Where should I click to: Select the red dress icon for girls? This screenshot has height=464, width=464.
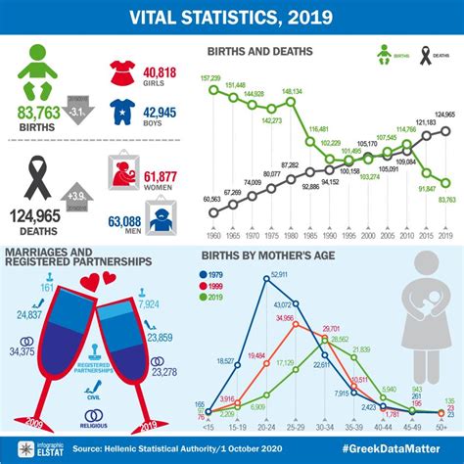122,74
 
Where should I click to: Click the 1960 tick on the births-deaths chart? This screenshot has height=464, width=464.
212,236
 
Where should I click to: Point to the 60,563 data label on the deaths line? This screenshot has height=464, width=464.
212,200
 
